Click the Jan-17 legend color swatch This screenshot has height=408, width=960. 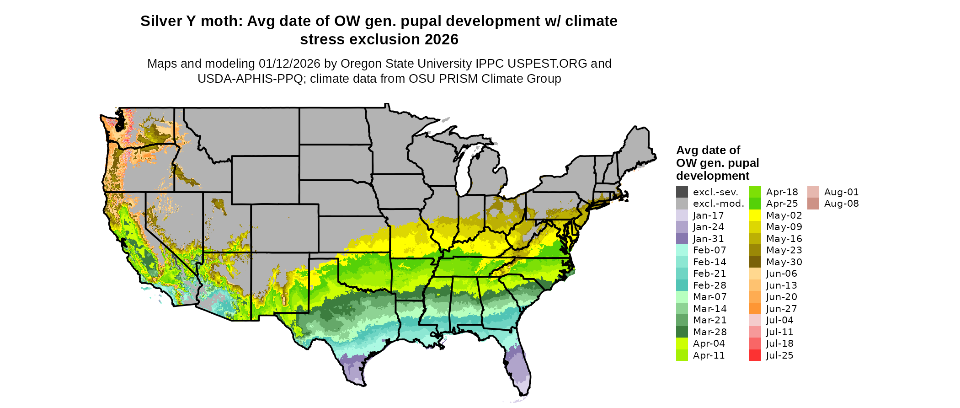pos(682,215)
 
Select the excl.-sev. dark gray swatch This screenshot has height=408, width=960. pos(682,192)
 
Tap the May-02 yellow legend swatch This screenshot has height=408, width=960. pos(755,215)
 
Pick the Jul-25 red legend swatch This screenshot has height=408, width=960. pos(755,355)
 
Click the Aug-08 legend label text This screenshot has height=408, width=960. pos(841,204)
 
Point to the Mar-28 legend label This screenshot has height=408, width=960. pos(709,332)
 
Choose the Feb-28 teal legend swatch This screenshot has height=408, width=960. pos(682,285)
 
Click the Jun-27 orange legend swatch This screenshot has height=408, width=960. pos(755,309)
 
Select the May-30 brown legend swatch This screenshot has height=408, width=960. pos(755,262)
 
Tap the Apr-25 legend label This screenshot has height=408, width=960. pos(782,204)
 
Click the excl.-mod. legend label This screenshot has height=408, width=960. pos(718,204)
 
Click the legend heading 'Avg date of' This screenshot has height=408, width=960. pos(708,150)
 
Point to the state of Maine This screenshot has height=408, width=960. pos(638,146)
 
